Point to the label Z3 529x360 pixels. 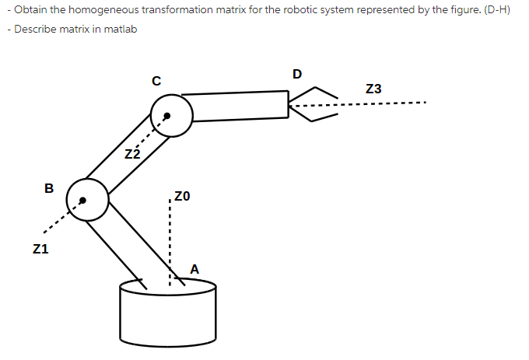pyautogui.click(x=373, y=89)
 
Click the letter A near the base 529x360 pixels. pyautogui.click(x=194, y=269)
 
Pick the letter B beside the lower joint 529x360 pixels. pyautogui.click(x=49, y=188)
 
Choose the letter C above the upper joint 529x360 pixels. pyautogui.click(x=156, y=80)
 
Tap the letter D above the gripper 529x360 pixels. pyautogui.click(x=296, y=75)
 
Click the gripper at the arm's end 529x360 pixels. pyautogui.click(x=313, y=105)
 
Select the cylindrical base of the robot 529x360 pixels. pyautogui.click(x=167, y=315)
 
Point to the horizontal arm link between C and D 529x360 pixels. pyautogui.click(x=237, y=106)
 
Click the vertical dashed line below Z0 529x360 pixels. pyautogui.click(x=169, y=241)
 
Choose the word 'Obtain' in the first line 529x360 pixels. pyautogui.click(x=26, y=14)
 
